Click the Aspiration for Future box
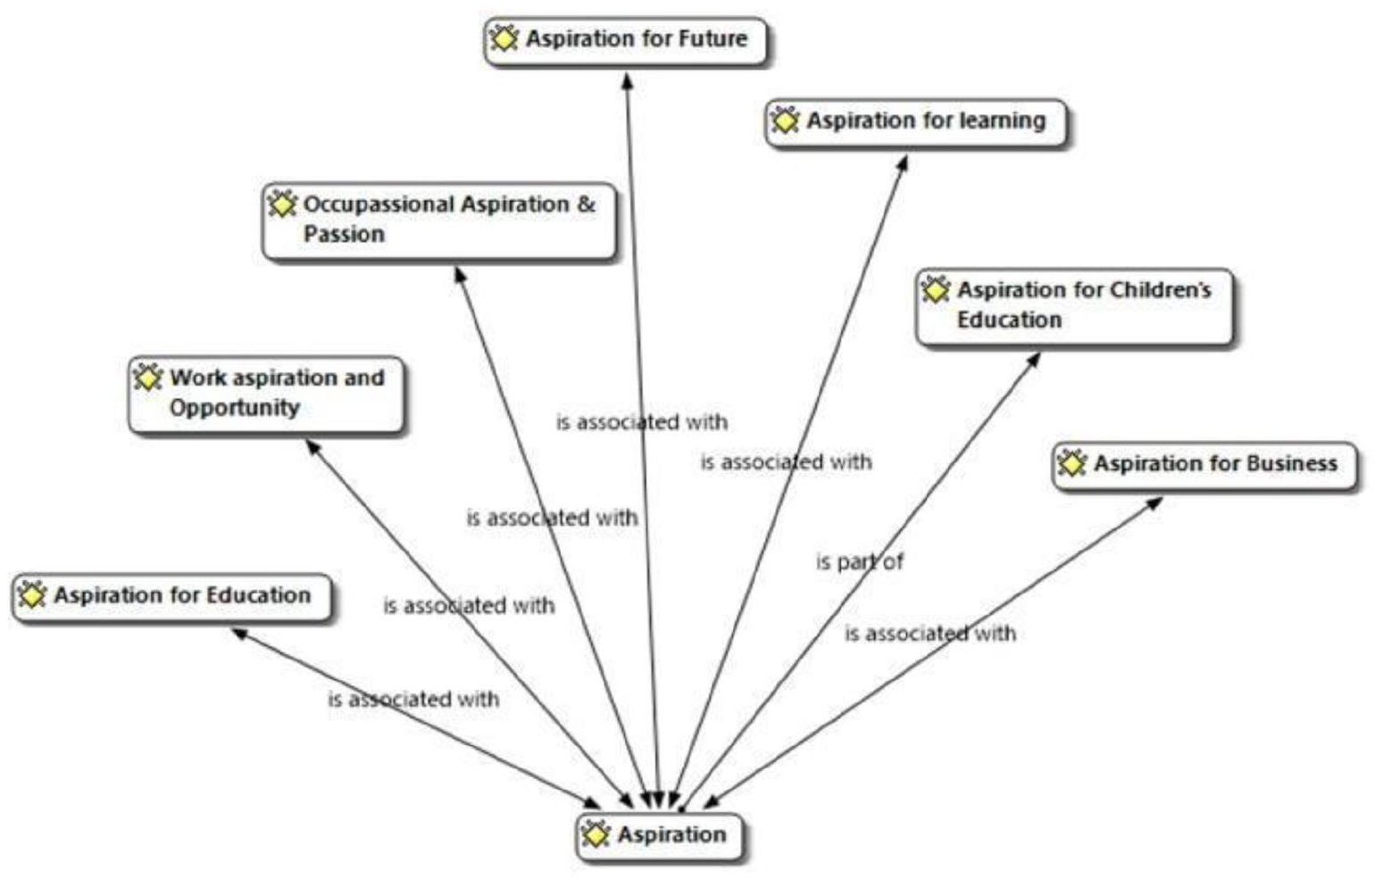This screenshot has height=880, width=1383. coord(626,41)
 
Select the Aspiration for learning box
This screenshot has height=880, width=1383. coord(916,123)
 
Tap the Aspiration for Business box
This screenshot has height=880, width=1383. coord(1205,467)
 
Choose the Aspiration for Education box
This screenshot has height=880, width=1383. coord(172,598)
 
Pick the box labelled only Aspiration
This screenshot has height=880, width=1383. coord(660,837)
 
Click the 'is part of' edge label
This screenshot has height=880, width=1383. coord(860,561)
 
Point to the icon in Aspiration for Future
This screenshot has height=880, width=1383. coord(504,39)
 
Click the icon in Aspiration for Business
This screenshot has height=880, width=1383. coord(1071,463)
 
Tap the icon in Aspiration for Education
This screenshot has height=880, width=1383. coord(32,595)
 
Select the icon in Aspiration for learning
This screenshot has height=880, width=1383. coord(785,120)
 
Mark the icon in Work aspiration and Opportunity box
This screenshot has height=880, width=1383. coord(147,378)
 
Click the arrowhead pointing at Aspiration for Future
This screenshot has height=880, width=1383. coord(627,80)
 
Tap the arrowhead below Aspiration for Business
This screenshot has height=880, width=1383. coord(1154,503)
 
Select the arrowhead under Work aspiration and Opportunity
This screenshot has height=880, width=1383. coord(313,446)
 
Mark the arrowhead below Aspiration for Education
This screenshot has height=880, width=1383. coord(239,633)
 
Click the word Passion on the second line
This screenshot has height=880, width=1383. coord(344,235)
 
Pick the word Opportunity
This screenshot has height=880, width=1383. coord(235,408)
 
